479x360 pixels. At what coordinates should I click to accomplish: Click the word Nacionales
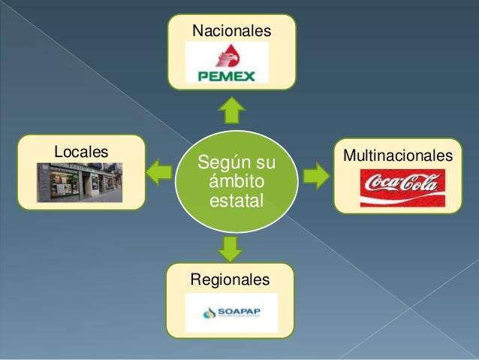point(230,31)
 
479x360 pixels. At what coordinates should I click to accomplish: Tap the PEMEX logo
point(226,63)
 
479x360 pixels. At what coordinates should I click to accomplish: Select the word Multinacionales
point(398,155)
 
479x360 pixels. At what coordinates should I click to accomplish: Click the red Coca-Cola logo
point(402,187)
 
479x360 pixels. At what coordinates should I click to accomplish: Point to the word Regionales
point(229,280)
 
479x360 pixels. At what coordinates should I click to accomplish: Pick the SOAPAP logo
point(231,312)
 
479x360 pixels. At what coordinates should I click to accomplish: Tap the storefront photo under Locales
point(80,182)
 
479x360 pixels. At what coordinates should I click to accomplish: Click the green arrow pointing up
point(232,110)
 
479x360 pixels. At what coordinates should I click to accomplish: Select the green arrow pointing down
point(232,247)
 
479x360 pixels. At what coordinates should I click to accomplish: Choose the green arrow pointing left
point(159,173)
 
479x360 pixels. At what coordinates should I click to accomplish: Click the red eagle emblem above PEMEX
point(226,55)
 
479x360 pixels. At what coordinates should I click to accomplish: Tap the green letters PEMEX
point(226,75)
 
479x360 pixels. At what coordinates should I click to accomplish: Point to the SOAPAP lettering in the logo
point(238,310)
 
